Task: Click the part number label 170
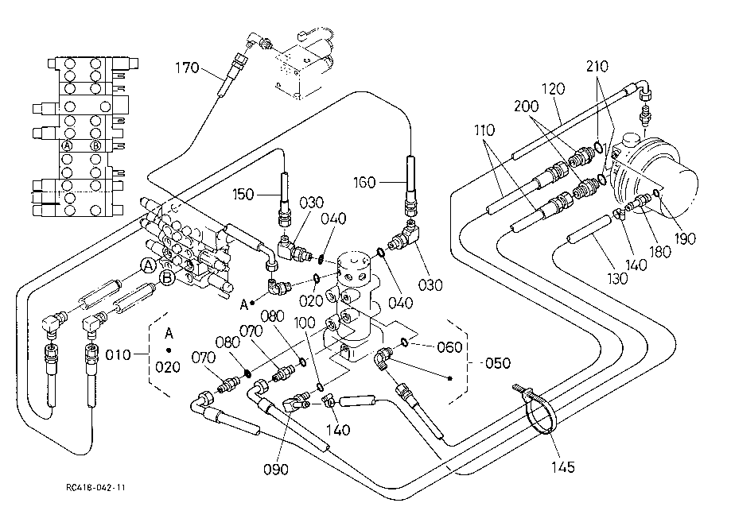[187, 68]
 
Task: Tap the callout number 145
[562, 467]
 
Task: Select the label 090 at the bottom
[276, 470]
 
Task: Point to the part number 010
[118, 355]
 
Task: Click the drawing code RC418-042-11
[95, 488]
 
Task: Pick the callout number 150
[243, 194]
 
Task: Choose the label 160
[364, 182]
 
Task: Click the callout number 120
[554, 88]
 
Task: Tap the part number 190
[684, 238]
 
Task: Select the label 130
[617, 278]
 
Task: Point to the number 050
[498, 363]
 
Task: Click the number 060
[449, 347]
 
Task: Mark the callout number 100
[305, 323]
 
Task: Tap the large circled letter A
[149, 266]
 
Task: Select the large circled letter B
[166, 278]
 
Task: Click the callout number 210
[597, 67]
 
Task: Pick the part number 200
[526, 106]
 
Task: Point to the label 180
[660, 252]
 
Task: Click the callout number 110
[484, 130]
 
